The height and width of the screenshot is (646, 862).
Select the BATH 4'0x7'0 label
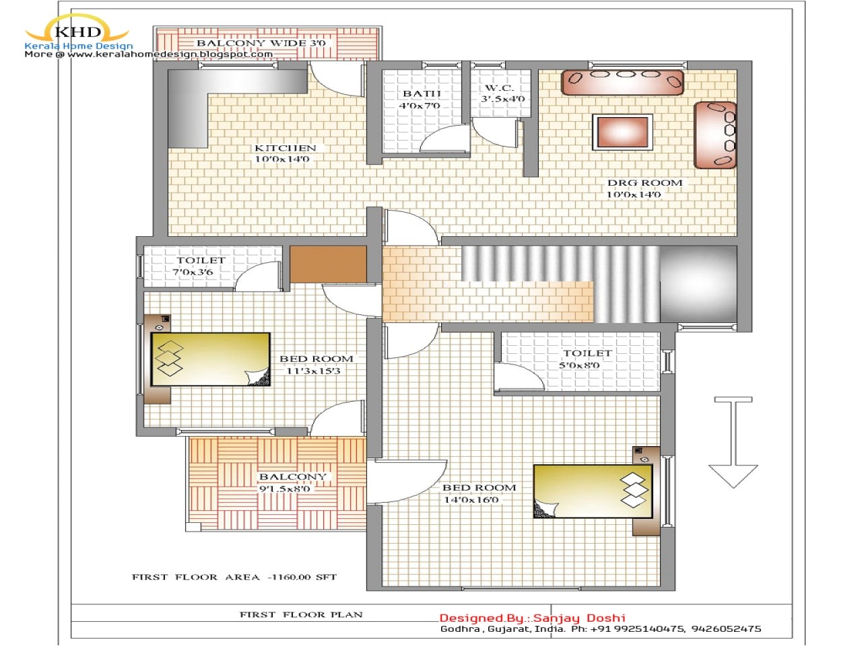421,100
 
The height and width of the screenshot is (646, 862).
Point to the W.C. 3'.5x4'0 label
502,94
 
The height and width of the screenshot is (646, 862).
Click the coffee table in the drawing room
623,132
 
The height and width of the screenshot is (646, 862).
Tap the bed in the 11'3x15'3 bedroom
211,359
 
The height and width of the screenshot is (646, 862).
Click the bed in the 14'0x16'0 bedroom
593,491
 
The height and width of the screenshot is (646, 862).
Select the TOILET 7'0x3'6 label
200,266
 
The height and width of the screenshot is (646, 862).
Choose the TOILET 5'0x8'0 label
587,359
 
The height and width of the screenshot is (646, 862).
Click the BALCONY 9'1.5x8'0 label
292,482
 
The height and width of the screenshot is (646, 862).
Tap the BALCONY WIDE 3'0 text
261,43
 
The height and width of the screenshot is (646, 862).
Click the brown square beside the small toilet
328,264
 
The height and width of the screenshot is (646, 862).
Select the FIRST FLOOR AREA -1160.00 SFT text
234,577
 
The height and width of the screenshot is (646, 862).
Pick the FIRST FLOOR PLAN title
301,614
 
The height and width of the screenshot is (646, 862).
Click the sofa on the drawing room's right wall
715,135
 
